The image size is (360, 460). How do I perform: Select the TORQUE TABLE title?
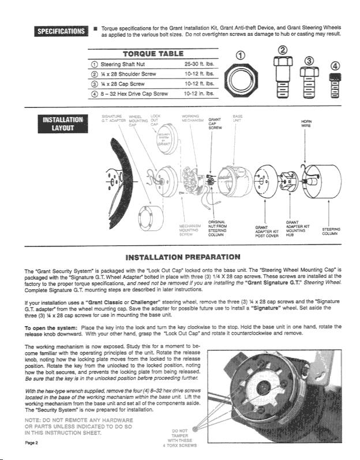click(153, 54)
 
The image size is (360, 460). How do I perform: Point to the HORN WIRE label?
click(307, 124)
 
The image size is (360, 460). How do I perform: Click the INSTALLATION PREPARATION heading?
click(183, 256)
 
